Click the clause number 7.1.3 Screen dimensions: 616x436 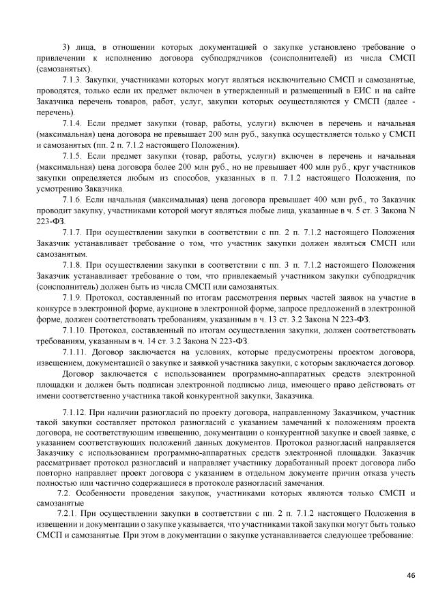(x=72, y=80)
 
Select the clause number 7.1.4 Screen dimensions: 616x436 (x=72, y=123)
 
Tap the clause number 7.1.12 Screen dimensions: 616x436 (x=74, y=414)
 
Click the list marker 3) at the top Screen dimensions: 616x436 (x=66, y=48)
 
